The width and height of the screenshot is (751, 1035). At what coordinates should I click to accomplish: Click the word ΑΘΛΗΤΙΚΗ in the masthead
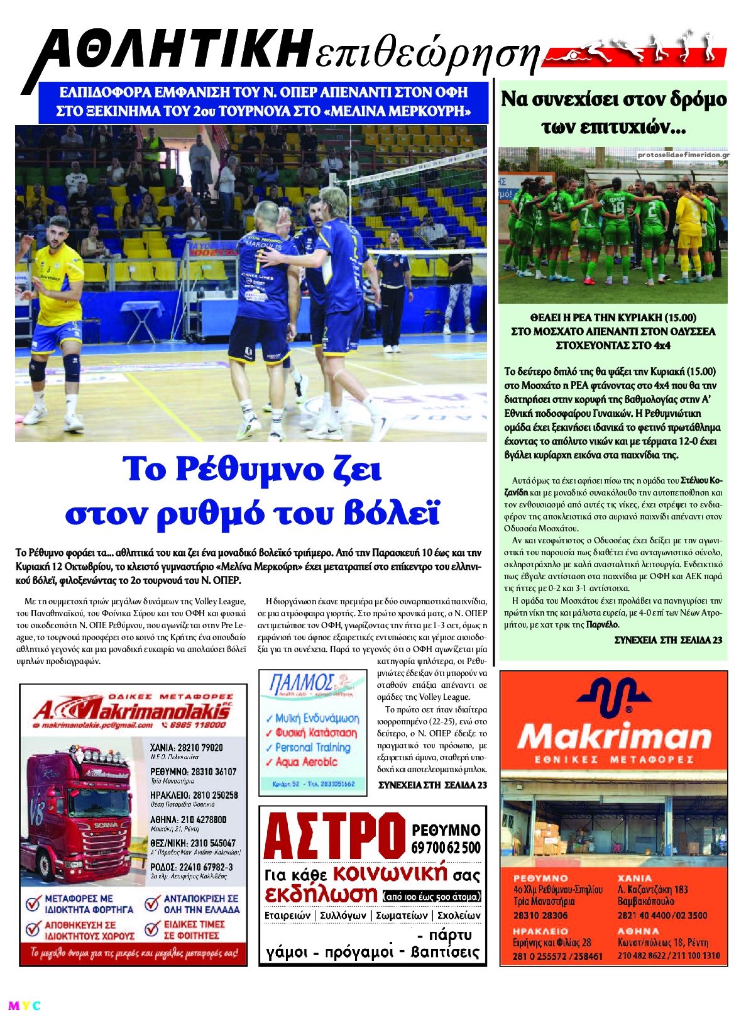(170, 52)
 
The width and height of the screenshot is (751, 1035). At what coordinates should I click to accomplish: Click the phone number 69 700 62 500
(446, 848)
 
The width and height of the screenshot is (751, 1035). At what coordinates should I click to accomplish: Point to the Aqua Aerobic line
(306, 762)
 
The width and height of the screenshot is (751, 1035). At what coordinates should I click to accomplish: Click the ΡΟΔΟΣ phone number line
(192, 867)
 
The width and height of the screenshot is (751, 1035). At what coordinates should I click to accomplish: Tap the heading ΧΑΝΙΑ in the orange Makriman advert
(635, 878)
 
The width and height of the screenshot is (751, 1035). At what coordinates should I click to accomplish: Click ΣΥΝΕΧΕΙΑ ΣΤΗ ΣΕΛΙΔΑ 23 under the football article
(667, 640)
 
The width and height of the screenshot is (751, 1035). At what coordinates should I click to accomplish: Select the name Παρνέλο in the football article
(603, 625)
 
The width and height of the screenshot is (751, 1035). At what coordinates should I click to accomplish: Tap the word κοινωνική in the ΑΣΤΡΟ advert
(390, 873)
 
